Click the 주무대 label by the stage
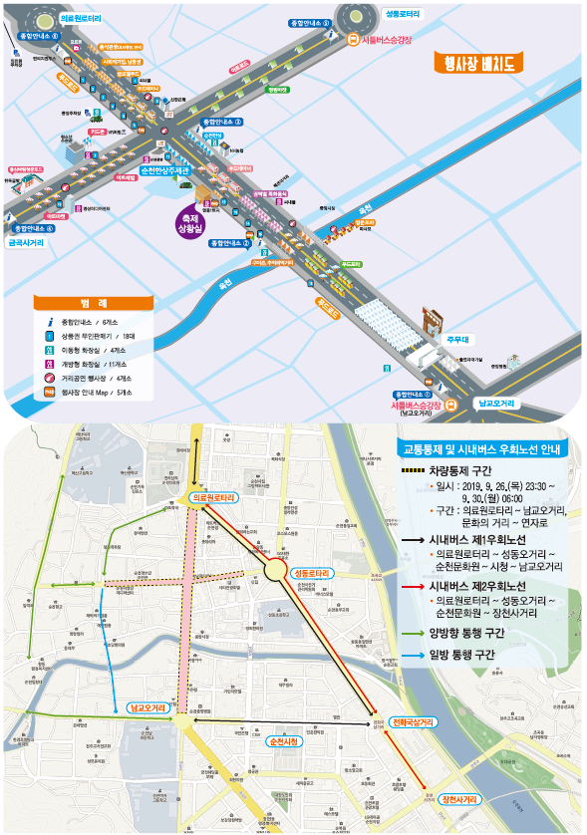(x=456, y=339)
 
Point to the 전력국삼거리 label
(x=412, y=722)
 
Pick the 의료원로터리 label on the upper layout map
(x=81, y=17)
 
